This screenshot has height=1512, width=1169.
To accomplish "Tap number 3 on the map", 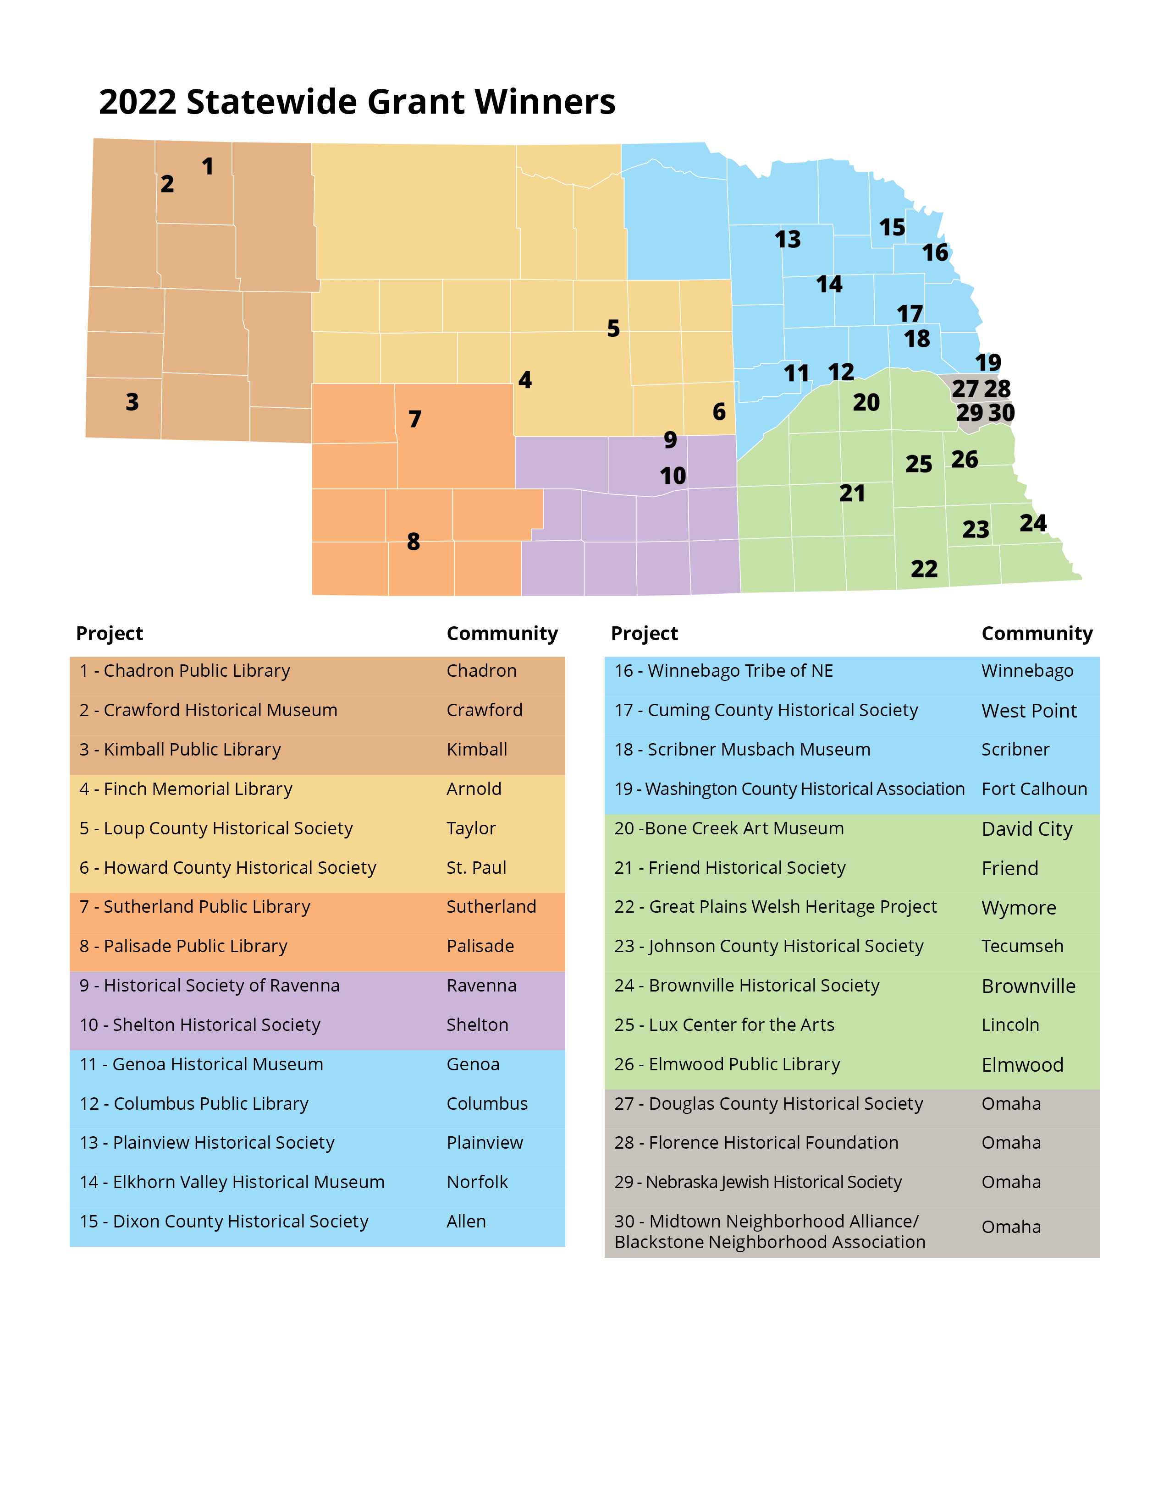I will click(x=132, y=402).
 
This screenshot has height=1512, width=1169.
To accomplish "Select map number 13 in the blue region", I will click(x=788, y=240).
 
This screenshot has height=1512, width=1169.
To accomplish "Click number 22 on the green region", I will click(x=924, y=569).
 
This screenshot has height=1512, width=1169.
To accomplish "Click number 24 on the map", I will click(x=1032, y=523).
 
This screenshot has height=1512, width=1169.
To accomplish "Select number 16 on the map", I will click(x=935, y=253).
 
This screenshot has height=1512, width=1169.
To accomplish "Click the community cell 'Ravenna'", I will click(x=481, y=986).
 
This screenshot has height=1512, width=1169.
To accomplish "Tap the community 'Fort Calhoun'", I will click(x=1034, y=789).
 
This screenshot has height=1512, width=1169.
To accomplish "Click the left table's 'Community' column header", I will click(x=502, y=634).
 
